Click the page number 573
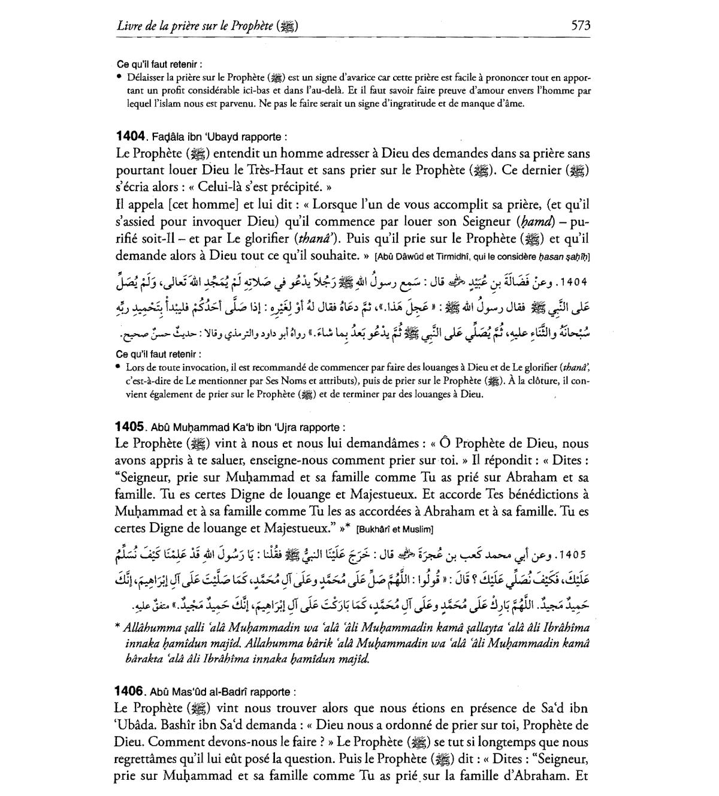581,25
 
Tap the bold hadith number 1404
130,137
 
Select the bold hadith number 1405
130,427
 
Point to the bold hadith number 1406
130,691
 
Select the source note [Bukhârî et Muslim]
394,530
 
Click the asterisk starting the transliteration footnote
117,628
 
